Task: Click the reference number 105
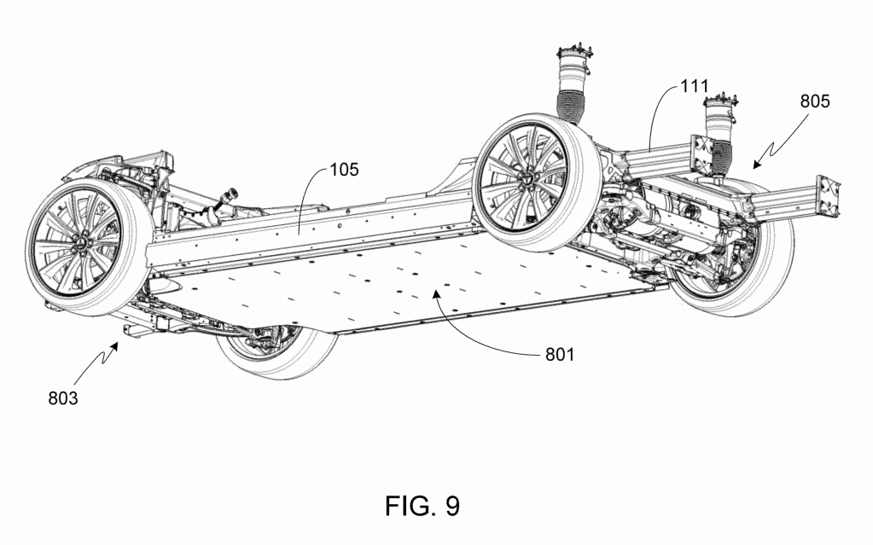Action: pos(343,169)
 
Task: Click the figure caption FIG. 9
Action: pos(422,505)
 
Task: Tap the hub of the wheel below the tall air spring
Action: pos(529,177)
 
